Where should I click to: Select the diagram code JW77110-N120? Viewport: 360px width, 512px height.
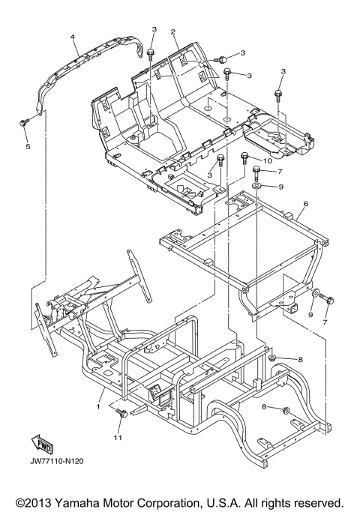[57, 461]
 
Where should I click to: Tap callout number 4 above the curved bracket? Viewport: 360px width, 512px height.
[73, 37]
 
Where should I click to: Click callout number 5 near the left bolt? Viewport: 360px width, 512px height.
[28, 147]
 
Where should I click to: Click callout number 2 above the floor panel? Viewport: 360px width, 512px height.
[172, 31]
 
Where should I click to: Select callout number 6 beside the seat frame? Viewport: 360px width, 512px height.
[306, 204]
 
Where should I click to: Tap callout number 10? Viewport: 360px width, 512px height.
[267, 160]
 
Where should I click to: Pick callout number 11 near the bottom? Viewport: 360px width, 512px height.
[118, 437]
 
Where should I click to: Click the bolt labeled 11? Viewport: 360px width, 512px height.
[122, 414]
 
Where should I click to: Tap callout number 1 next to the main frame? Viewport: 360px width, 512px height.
[97, 407]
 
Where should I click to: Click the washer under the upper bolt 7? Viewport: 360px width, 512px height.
[256, 186]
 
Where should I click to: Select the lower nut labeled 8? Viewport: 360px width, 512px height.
[286, 410]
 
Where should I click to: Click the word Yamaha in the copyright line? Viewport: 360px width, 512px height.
[77, 502]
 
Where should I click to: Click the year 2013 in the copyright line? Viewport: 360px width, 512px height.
[39, 502]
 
